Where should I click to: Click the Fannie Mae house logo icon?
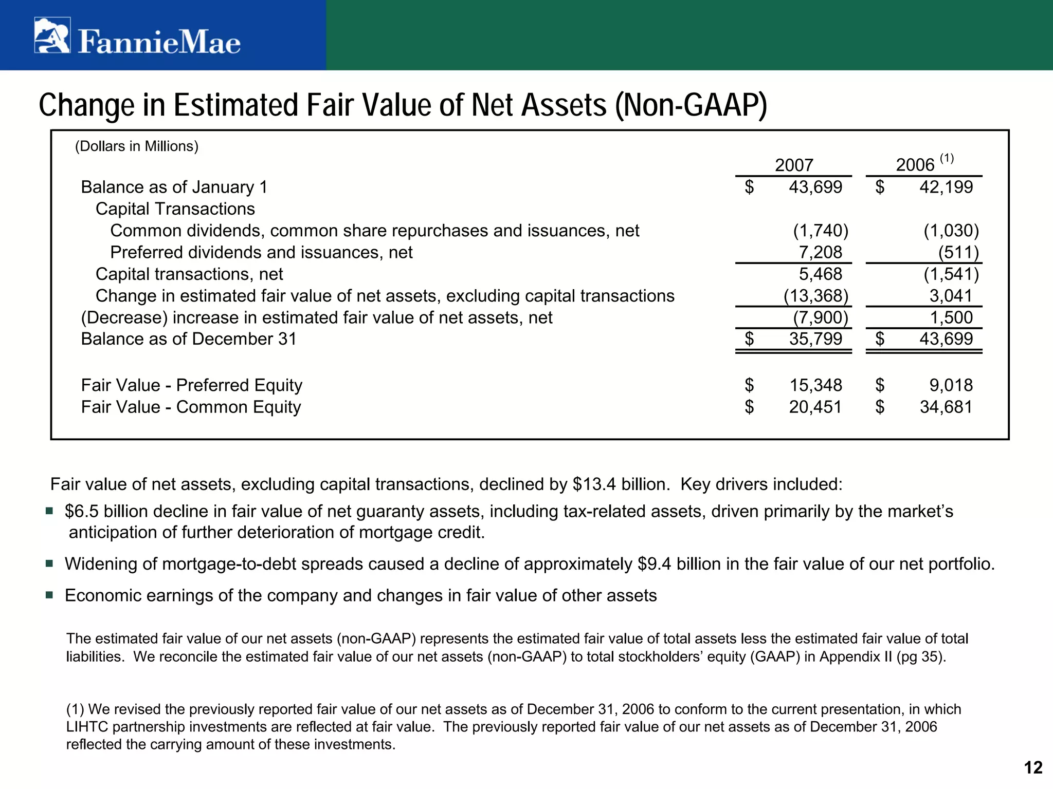click(x=52, y=35)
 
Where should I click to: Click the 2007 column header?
click(x=794, y=165)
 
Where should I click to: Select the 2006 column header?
click(x=915, y=165)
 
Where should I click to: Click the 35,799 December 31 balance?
click(x=815, y=339)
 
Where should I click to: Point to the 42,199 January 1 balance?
click(x=946, y=187)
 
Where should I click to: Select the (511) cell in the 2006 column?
click(x=958, y=252)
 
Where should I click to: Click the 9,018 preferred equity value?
click(x=951, y=385)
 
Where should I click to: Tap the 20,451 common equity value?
click(x=815, y=407)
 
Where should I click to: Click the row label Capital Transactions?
click(x=175, y=209)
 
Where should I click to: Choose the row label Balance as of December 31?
click(x=189, y=339)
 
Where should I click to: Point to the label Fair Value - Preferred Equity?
click(x=192, y=385)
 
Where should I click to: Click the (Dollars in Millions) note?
click(x=137, y=146)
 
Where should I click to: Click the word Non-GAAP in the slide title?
click(x=691, y=105)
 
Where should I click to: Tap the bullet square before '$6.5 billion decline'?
click(x=49, y=511)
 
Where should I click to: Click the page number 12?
click(x=1033, y=767)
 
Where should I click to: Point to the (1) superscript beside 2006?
click(x=947, y=158)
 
